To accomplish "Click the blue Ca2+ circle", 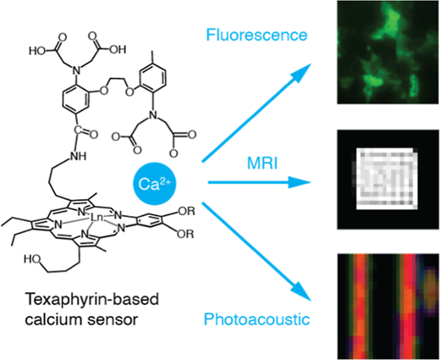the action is point(154,184).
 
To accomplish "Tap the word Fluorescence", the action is point(256,35).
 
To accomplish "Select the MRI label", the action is point(262,163).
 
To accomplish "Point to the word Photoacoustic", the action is point(256,319).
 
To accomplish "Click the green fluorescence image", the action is point(388,53).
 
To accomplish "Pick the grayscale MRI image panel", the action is point(388,180).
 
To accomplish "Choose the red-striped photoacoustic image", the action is point(388,307).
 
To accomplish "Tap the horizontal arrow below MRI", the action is point(259,182).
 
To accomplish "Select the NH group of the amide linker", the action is point(79,156).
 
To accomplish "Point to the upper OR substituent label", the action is point(186,211).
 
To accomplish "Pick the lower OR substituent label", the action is point(185,234).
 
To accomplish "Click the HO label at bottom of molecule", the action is point(32,259).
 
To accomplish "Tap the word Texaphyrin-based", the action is point(92,300).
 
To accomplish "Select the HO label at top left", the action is point(37,51).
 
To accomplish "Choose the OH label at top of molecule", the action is point(118,50).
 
